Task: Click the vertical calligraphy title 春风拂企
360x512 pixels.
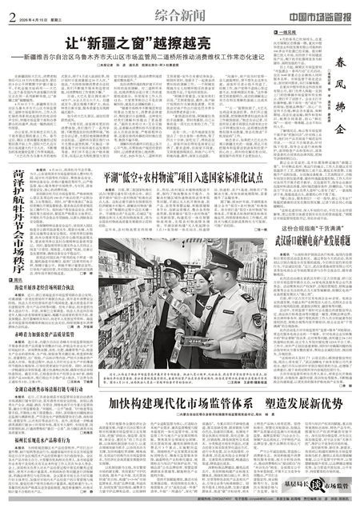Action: pyautogui.click(x=345, y=81)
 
